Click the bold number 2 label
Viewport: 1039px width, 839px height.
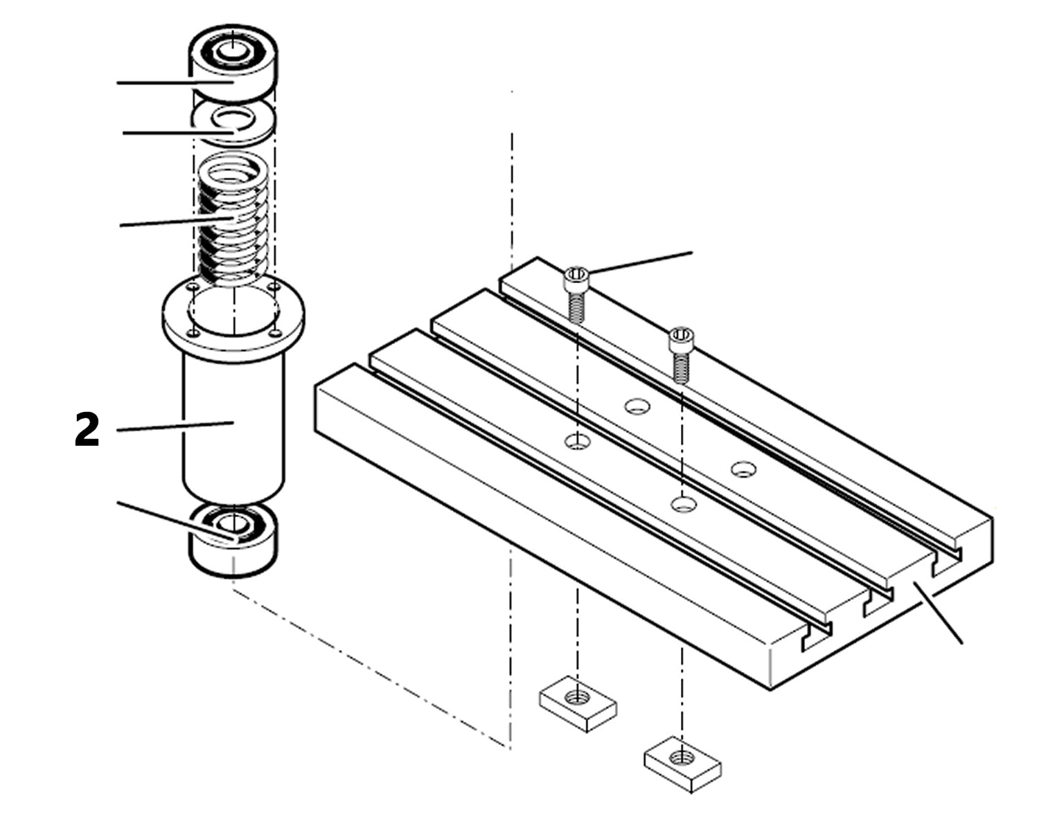[87, 430]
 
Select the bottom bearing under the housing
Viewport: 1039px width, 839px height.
[233, 540]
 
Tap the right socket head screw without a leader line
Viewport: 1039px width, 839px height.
[680, 353]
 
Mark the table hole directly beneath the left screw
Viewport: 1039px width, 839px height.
[576, 440]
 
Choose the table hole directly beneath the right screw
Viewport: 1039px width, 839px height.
[682, 503]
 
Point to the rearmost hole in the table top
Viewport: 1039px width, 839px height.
[637, 406]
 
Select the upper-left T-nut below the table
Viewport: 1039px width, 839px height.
[578, 703]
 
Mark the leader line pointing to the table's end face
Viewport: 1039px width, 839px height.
[939, 613]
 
